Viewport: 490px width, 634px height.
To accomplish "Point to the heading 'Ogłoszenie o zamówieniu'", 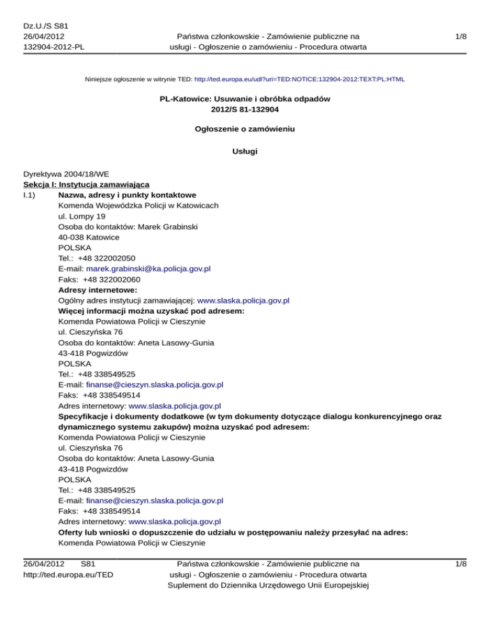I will pos(245,128).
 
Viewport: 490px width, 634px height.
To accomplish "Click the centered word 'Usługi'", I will pos(245,152).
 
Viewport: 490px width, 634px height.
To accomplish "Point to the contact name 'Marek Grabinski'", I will pos(169,226).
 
